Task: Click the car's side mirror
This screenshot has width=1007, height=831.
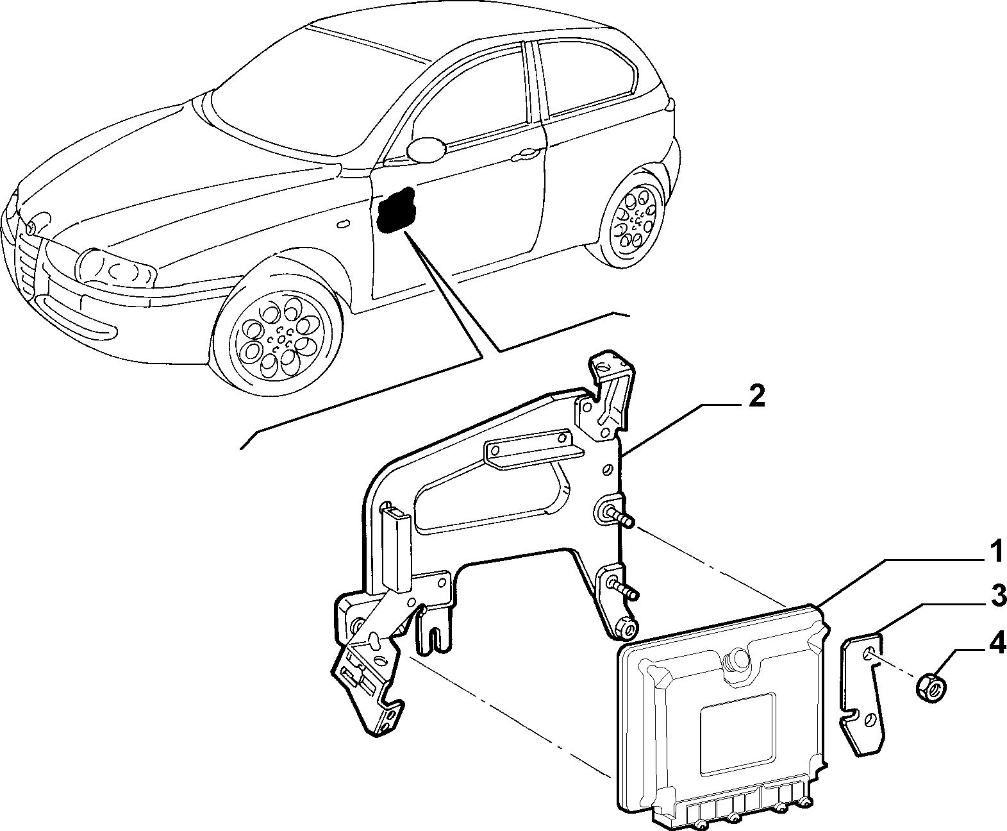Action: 426,149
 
